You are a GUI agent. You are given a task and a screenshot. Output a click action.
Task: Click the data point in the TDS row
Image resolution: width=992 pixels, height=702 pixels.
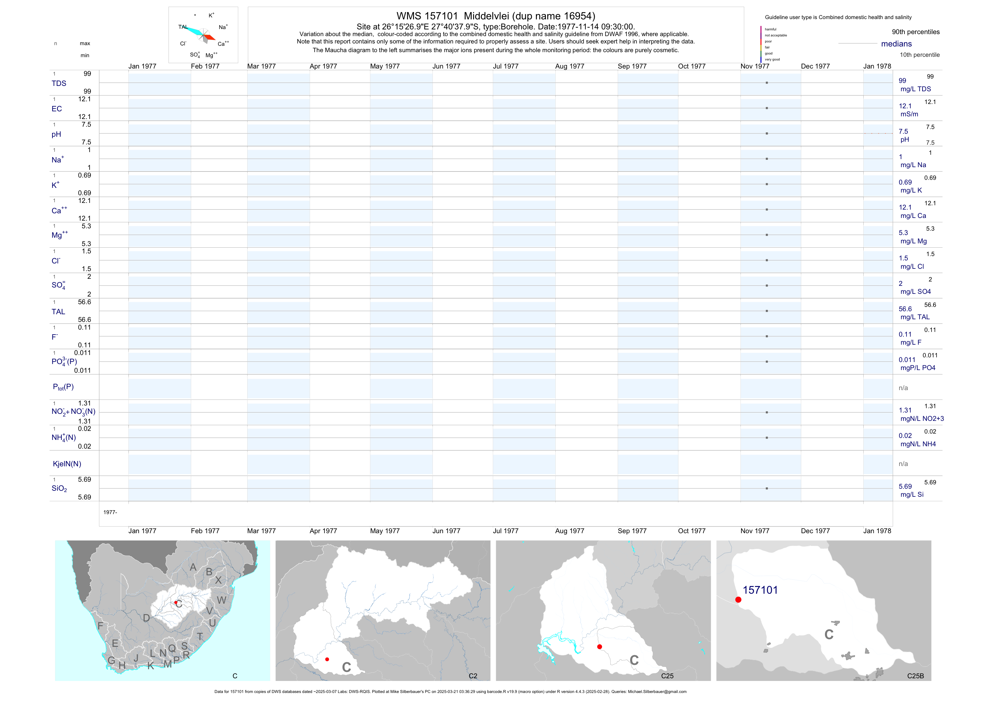point(767,83)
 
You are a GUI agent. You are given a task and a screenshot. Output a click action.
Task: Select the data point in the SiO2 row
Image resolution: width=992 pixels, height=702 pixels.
point(767,488)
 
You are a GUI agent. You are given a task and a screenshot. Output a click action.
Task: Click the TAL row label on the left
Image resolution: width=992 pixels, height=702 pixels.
point(58,312)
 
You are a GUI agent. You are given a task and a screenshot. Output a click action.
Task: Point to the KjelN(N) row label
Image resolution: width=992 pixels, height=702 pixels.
point(67,464)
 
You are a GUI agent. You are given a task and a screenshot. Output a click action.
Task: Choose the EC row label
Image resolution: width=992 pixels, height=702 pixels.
point(56,109)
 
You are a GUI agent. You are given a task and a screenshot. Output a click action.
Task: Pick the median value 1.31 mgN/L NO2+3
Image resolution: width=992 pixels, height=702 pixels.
point(905,410)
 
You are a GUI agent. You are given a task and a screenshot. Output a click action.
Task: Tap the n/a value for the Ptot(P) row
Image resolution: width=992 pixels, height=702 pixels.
point(903,388)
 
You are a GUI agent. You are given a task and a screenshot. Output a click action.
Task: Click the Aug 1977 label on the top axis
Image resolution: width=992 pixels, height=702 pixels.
point(569,67)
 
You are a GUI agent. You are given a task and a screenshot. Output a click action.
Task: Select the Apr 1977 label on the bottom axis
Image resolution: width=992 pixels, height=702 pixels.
point(323,531)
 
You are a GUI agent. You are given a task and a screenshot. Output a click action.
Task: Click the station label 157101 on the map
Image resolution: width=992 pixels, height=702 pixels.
point(760,590)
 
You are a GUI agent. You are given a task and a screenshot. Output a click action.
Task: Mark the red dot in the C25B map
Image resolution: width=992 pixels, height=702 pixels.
point(738,600)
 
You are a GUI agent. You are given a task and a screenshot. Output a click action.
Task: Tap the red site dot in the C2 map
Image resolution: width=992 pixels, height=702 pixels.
point(327,659)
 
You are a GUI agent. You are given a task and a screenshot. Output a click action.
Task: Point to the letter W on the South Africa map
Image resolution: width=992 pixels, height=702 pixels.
point(222,600)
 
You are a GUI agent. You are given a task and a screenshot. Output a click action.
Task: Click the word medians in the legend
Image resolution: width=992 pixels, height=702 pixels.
point(896,44)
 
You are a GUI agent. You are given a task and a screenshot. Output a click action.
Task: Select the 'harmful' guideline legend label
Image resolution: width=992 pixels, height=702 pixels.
point(770,29)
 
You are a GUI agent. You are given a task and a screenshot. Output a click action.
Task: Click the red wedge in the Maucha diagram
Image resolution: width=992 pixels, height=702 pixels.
point(209,37)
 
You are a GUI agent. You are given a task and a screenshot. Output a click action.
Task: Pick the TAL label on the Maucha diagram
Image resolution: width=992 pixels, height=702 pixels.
point(183,27)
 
